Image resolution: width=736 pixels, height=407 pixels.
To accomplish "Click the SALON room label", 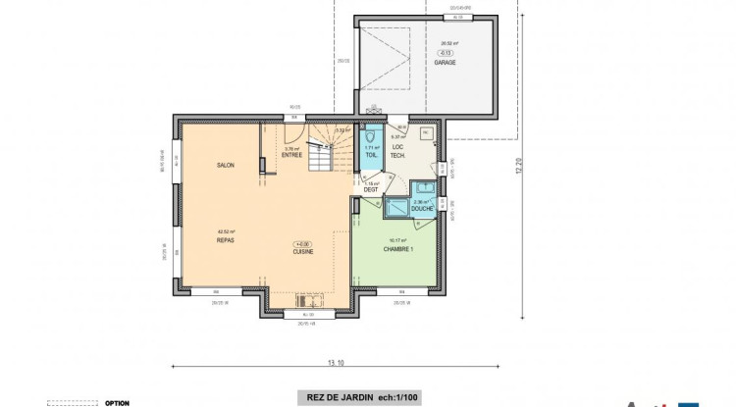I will (x=226, y=166).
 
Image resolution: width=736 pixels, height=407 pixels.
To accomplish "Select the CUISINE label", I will (x=301, y=251).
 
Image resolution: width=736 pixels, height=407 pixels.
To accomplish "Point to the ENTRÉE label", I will (x=292, y=155).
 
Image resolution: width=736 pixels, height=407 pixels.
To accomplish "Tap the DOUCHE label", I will (x=422, y=209).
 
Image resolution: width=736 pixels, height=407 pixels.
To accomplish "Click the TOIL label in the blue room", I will (x=371, y=155).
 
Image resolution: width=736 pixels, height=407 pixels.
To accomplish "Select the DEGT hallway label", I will (x=371, y=189).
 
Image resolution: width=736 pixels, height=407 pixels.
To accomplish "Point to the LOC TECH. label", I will (x=397, y=152).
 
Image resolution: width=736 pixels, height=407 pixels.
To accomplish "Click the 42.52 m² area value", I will (x=226, y=231).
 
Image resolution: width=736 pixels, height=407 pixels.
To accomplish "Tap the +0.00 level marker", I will (x=301, y=243).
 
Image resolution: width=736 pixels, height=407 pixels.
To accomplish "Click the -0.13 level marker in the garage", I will (x=446, y=52).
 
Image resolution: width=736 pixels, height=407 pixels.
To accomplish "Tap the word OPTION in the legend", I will (x=117, y=402).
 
